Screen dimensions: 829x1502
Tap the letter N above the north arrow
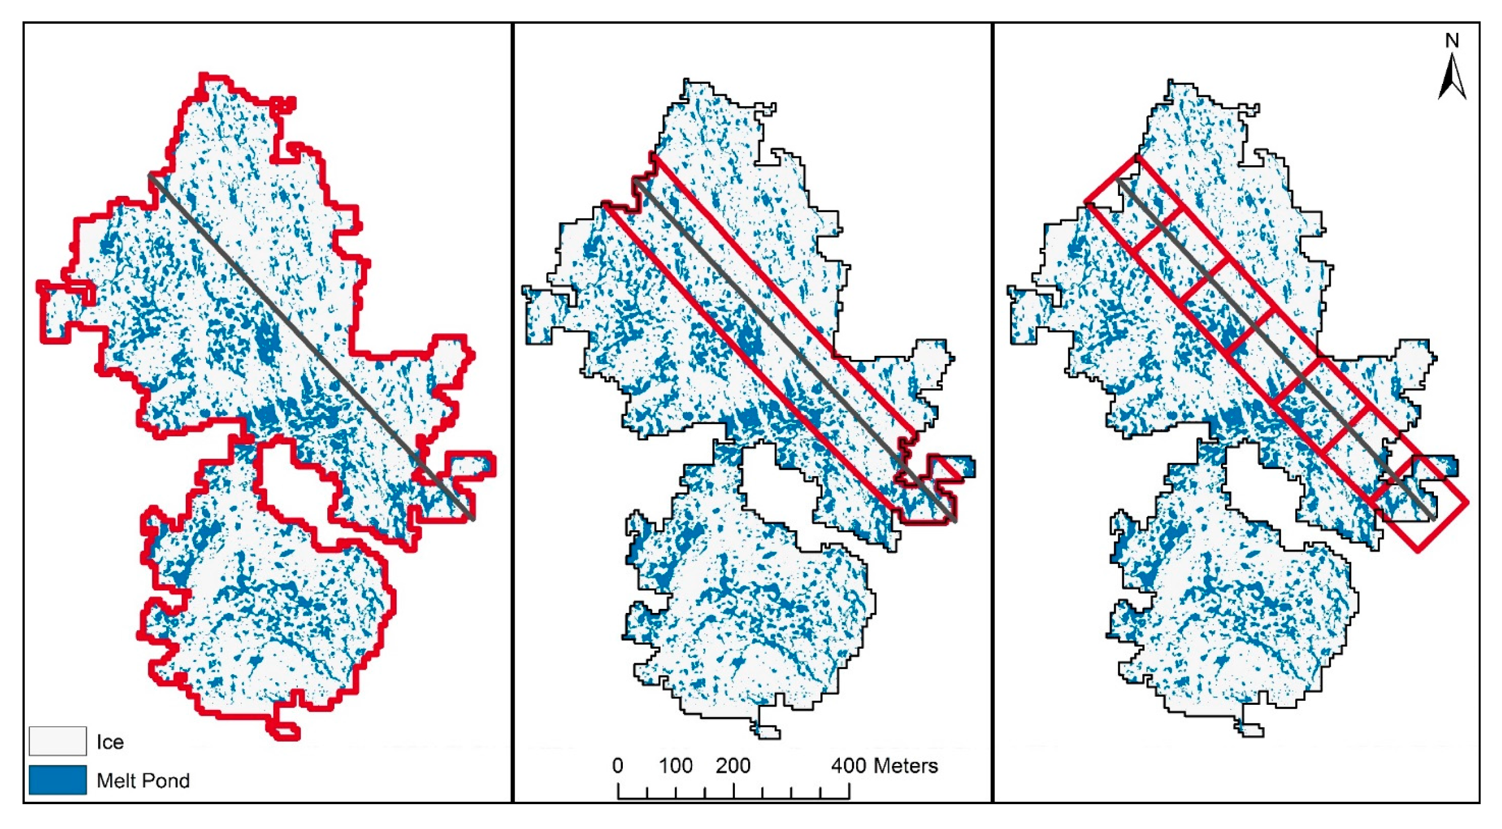coord(1452,41)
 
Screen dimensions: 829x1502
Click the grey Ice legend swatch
coord(58,741)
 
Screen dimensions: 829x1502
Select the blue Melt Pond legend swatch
coord(58,780)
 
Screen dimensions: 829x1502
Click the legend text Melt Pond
coord(143,780)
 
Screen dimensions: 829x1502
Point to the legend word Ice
coord(110,742)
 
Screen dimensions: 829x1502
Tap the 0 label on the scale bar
coord(618,765)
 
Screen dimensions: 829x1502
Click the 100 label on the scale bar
coord(675,765)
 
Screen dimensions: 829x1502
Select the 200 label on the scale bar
coord(733,765)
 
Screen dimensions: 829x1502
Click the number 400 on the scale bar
coord(849,765)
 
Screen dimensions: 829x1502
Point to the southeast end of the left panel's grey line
coord(472,518)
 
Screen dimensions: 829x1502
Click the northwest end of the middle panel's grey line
coord(636,181)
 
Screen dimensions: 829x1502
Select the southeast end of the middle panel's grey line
coord(954,519)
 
